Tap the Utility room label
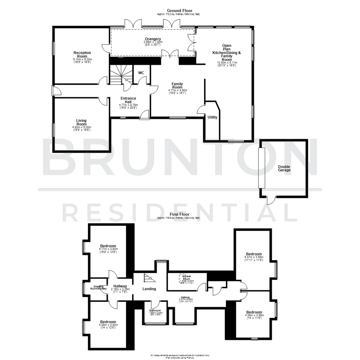tap(212, 117)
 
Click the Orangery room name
tap(153, 39)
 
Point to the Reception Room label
tap(82, 54)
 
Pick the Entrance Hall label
tap(128, 100)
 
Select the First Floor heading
tap(179, 214)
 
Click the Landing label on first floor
tap(149, 289)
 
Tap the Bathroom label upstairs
tap(155, 310)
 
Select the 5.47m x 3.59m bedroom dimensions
tap(254, 257)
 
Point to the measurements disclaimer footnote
tap(180, 356)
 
